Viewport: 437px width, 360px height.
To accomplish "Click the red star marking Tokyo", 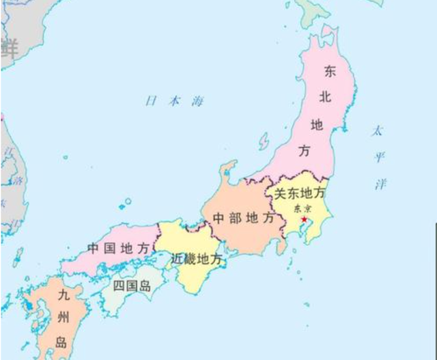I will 303,219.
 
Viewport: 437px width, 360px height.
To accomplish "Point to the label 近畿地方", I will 197,259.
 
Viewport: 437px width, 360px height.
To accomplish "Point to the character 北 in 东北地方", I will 324,98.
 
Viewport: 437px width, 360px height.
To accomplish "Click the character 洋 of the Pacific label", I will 380,184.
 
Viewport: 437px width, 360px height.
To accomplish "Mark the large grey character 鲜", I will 9,48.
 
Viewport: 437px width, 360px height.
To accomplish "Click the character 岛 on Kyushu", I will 61,342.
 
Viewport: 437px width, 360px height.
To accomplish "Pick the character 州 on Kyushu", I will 64,318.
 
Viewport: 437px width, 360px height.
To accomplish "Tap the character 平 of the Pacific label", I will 379,158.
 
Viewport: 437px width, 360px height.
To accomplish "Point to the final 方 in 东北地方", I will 305,151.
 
